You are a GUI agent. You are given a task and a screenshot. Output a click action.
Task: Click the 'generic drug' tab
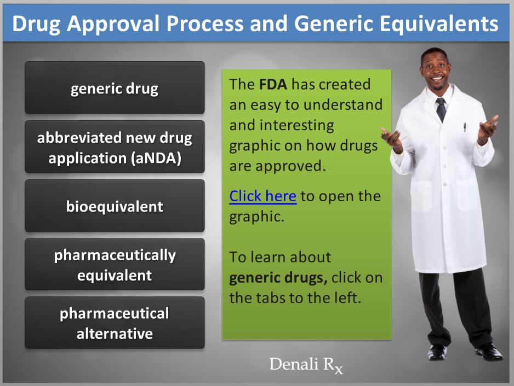tap(115, 87)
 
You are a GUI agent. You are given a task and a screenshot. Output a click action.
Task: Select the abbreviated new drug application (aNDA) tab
tap(115, 147)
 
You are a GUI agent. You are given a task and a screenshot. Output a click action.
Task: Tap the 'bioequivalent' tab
tap(115, 206)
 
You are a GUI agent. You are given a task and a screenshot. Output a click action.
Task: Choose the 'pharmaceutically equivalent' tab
tap(115, 264)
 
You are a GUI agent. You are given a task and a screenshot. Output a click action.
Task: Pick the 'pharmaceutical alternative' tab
tap(115, 323)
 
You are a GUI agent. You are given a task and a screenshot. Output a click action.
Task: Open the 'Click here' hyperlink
tap(263, 196)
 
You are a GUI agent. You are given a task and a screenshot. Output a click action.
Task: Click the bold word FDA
tap(273, 84)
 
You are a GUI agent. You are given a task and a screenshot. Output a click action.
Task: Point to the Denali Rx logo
tap(306, 365)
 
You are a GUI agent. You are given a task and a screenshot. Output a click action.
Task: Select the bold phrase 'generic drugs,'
tap(278, 278)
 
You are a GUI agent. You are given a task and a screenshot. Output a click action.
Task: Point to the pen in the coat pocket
tap(465, 127)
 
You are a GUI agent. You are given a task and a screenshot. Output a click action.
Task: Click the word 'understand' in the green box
tap(343, 105)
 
